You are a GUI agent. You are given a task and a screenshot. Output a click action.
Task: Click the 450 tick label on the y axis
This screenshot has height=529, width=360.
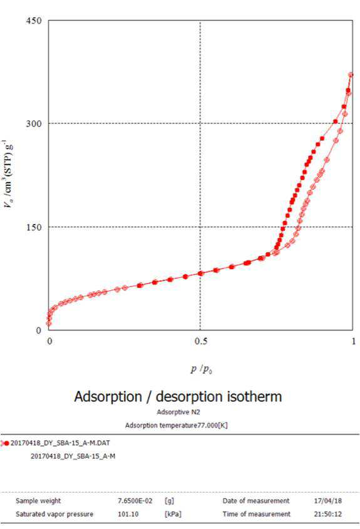(34, 21)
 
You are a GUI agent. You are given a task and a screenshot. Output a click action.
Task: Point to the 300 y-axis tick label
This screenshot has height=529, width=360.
(34, 123)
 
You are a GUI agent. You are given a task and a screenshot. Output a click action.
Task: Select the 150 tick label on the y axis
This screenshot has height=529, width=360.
(34, 227)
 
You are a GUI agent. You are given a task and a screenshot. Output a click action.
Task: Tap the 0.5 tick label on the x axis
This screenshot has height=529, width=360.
(201, 341)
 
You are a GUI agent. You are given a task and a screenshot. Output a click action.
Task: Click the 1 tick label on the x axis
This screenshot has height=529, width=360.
(353, 341)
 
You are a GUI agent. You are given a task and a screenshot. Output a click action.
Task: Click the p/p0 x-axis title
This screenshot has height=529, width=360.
(202, 369)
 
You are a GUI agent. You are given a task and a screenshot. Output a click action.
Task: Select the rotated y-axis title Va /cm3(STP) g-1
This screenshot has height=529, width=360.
(8, 173)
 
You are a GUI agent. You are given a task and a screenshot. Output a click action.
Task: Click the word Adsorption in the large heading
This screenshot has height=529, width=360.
(108, 396)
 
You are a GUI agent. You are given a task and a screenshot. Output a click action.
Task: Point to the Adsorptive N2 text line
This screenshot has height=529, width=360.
(178, 412)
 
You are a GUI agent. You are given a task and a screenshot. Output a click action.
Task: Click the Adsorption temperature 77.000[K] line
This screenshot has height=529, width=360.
(177, 425)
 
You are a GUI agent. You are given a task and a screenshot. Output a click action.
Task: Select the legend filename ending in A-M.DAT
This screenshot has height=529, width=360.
(60, 443)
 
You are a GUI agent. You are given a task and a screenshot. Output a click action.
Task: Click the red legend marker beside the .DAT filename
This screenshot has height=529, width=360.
(5, 443)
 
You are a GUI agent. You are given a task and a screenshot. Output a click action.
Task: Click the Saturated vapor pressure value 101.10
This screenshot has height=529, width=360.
(128, 514)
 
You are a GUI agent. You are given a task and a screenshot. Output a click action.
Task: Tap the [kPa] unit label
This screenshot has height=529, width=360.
(173, 514)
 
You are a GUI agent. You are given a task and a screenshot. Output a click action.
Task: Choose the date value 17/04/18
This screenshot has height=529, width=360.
(327, 501)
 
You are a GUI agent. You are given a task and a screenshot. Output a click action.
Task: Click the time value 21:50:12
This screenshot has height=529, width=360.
(327, 514)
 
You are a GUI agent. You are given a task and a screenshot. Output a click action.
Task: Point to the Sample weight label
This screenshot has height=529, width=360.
(38, 501)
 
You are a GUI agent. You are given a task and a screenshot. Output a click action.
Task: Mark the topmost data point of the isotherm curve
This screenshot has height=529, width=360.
(351, 74)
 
